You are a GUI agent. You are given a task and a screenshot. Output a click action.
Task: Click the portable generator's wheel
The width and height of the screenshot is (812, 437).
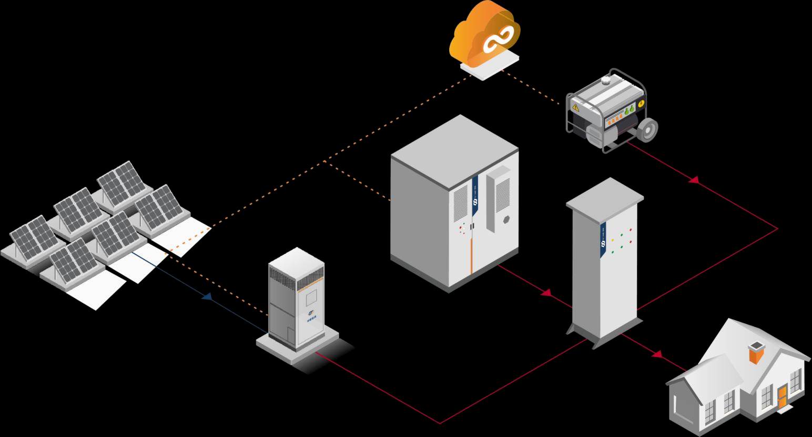click(x=648, y=130)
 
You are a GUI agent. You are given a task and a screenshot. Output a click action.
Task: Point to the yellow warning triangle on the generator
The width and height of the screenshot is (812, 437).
click(x=576, y=107)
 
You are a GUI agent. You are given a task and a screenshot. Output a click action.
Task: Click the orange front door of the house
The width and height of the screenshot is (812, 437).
click(x=782, y=396)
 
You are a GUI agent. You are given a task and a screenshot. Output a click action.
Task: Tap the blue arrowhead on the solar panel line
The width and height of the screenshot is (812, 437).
click(x=207, y=297)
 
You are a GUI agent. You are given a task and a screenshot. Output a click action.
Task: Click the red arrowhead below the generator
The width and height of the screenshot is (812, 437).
click(x=694, y=181)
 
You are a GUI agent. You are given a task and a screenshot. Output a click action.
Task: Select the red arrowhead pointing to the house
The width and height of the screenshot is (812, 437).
click(x=657, y=354)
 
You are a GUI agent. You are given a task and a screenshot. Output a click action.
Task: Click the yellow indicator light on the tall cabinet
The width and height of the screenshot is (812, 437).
click(x=613, y=240)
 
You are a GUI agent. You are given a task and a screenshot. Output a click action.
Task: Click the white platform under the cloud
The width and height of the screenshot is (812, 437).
click(x=489, y=65)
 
